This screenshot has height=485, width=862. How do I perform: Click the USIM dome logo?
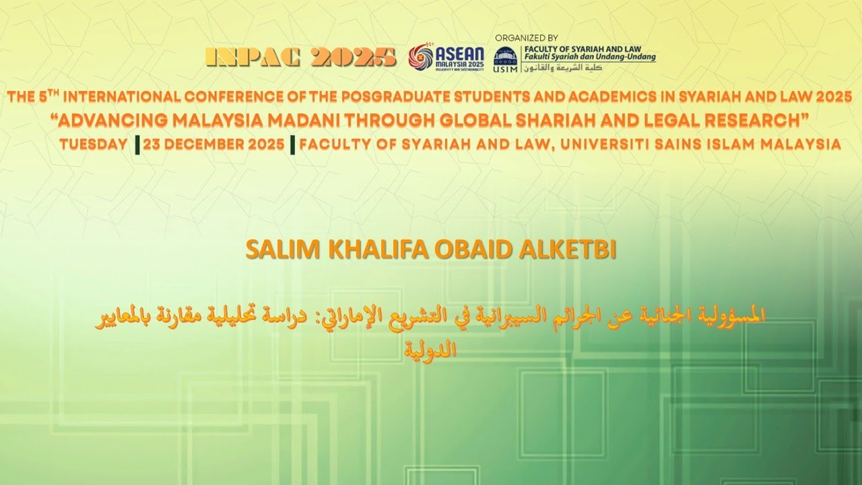(x=506, y=56)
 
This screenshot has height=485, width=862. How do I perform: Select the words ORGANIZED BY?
(x=526, y=38)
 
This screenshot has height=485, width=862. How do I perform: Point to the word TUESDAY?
(x=94, y=145)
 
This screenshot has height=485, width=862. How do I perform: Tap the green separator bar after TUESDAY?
(x=137, y=145)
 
